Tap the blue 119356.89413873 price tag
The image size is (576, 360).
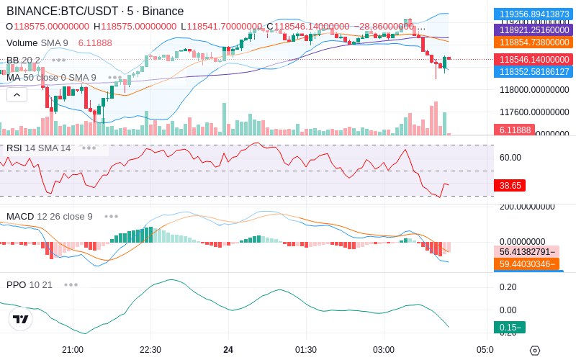coord(532,14)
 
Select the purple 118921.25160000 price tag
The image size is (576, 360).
coord(532,30)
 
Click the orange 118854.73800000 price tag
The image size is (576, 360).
coord(532,42)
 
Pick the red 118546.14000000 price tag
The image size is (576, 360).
coord(532,60)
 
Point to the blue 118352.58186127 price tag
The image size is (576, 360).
coord(532,72)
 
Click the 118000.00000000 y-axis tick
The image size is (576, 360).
coord(534,90)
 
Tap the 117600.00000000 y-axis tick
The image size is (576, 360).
coord(534,112)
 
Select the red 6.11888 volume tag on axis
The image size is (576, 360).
coord(513,130)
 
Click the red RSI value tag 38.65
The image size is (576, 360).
coord(510,185)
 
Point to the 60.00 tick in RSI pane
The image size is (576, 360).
coord(510,157)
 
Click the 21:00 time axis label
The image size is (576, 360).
coord(73,350)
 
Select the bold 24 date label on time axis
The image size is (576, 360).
coord(228,350)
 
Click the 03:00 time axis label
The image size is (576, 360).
coord(384,350)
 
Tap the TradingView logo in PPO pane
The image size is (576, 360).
coord(21,319)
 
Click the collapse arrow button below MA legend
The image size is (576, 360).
coord(17,94)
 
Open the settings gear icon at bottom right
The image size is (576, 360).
coord(534,351)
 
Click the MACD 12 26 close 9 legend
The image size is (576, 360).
coord(49,216)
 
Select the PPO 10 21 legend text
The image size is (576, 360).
coord(30,284)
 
